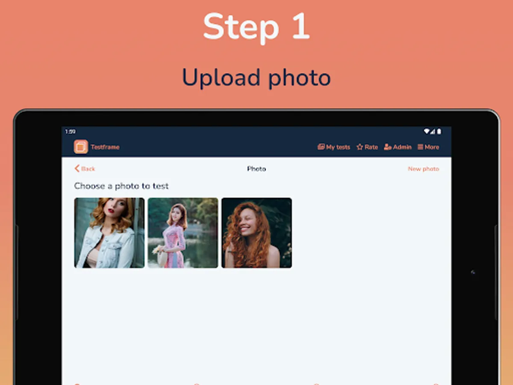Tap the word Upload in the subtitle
pyautogui.click(x=221, y=78)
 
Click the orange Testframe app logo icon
pyautogui.click(x=81, y=147)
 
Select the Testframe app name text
pyautogui.click(x=105, y=147)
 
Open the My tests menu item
pyautogui.click(x=334, y=147)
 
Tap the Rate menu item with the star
pyautogui.click(x=367, y=147)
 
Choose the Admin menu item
pyautogui.click(x=398, y=147)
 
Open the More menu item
pyautogui.click(x=428, y=147)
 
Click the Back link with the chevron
pyautogui.click(x=85, y=169)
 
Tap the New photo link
pyautogui.click(x=423, y=169)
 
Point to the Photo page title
pyautogui.click(x=256, y=169)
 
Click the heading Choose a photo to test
pyautogui.click(x=121, y=186)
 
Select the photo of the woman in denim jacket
pyautogui.click(x=109, y=233)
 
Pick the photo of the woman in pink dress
pyautogui.click(x=183, y=233)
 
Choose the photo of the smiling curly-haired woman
pyautogui.click(x=256, y=233)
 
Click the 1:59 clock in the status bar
pyautogui.click(x=70, y=132)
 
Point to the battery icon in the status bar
pyautogui.click(x=439, y=132)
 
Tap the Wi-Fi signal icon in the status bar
pyautogui.click(x=427, y=131)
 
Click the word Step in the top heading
pyautogui.click(x=241, y=27)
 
